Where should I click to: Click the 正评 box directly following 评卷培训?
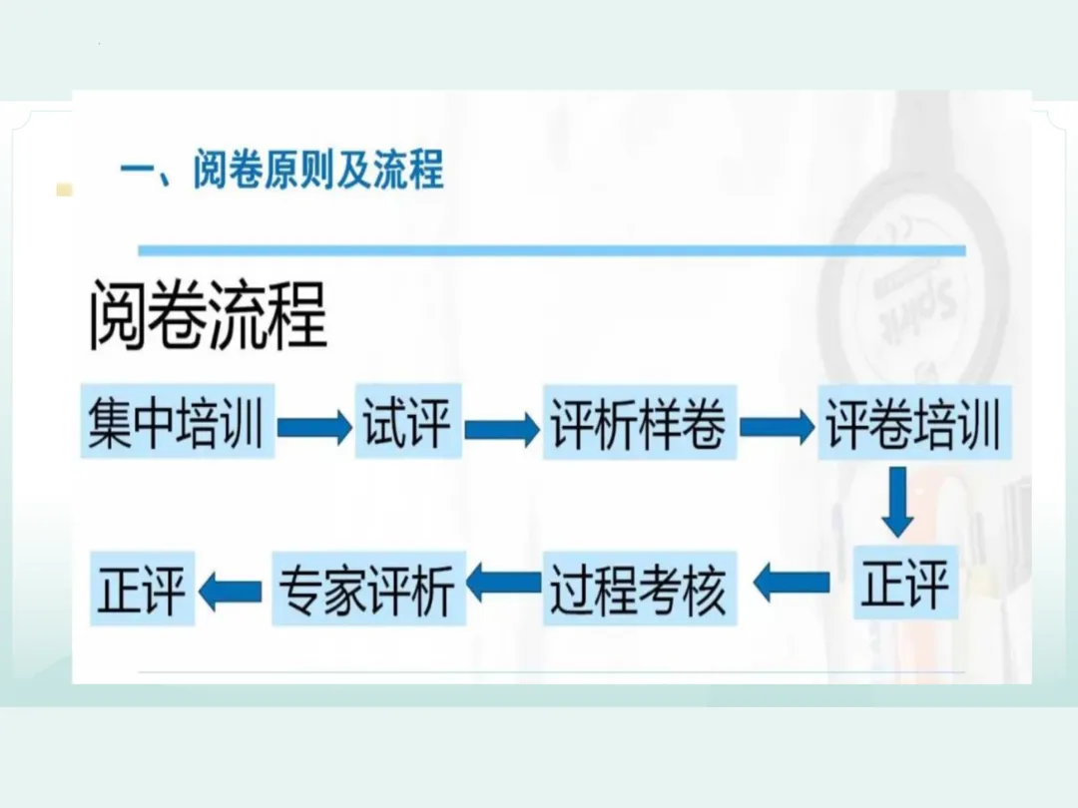[x=905, y=584]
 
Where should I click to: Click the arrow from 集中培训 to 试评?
[x=313, y=428]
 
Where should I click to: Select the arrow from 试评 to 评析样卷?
[x=501, y=429]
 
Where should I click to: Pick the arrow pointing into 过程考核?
[x=791, y=583]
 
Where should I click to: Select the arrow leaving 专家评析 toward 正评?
[x=231, y=592]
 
